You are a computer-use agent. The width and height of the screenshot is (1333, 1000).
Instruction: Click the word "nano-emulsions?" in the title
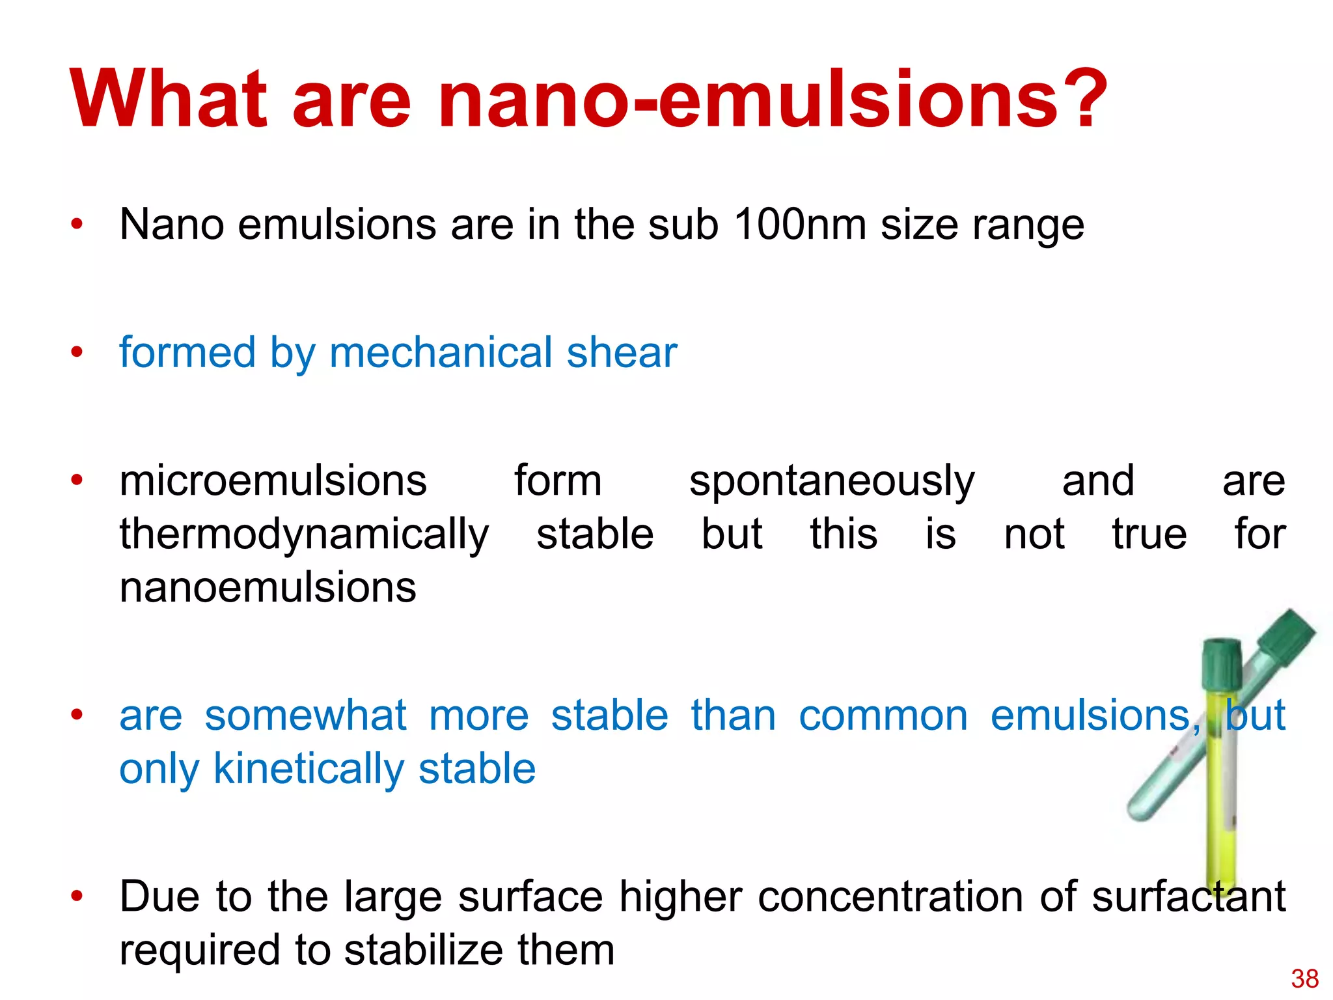click(x=773, y=100)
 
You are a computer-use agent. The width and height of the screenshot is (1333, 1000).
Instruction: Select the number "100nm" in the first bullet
click(x=800, y=225)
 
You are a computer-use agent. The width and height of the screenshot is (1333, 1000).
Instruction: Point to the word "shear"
click(x=622, y=352)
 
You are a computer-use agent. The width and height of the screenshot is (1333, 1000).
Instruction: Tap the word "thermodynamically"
click(x=304, y=535)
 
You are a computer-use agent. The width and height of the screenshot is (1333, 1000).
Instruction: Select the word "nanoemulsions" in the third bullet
click(x=268, y=587)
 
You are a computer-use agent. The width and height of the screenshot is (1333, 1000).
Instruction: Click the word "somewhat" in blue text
click(x=305, y=715)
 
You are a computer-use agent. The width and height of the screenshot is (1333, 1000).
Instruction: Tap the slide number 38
click(x=1304, y=979)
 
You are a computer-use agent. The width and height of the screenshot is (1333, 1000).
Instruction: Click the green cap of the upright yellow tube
click(x=1222, y=663)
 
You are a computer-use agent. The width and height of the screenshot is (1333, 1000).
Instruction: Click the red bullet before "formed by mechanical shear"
click(x=77, y=352)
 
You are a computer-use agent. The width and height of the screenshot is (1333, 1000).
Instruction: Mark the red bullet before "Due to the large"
click(x=77, y=896)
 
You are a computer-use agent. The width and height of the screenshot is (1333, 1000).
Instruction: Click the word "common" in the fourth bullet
click(x=883, y=715)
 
